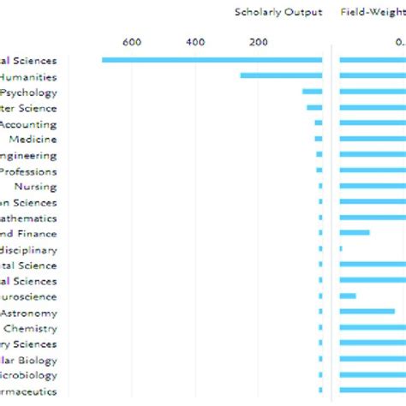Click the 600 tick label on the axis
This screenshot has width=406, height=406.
(x=131, y=42)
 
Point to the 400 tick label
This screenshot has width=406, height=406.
(x=194, y=42)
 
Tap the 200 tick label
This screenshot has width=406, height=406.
(x=259, y=42)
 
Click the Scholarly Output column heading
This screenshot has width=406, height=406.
(x=278, y=12)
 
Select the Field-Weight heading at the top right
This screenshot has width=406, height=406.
(x=373, y=12)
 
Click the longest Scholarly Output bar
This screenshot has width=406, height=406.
(x=212, y=60)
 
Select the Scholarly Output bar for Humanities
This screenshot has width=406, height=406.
(x=281, y=75)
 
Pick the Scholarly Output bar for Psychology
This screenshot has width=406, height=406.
(x=312, y=92)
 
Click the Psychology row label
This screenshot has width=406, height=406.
(x=41, y=93)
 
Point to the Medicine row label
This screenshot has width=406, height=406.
(x=33, y=140)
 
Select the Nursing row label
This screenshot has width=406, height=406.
(x=35, y=187)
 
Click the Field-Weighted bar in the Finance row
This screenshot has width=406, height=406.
(x=355, y=233)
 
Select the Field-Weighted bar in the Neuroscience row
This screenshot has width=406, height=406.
(x=348, y=296)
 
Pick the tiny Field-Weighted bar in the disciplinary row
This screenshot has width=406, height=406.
(x=341, y=249)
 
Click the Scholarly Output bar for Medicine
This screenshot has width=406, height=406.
(x=319, y=139)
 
